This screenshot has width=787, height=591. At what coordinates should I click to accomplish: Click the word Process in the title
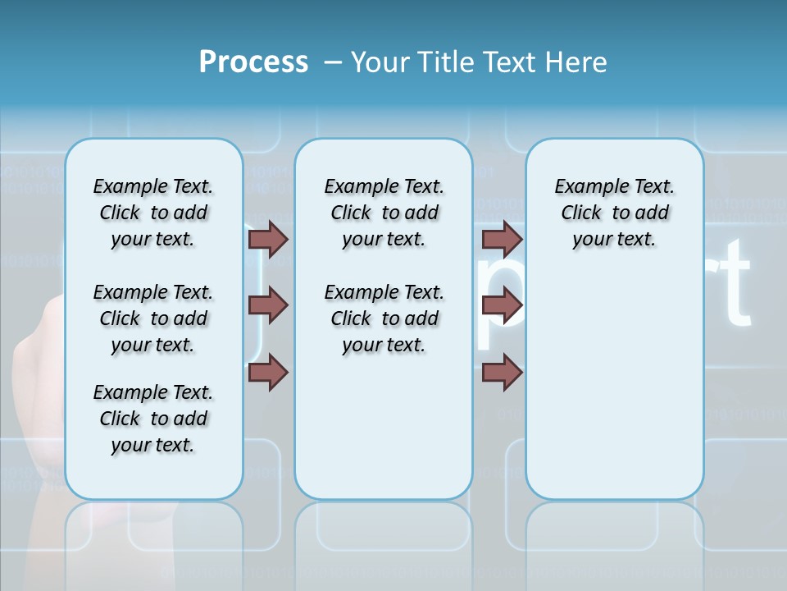[253, 62]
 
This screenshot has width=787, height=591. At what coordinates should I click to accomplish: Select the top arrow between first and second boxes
[268, 239]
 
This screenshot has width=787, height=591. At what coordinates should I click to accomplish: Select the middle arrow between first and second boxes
[268, 305]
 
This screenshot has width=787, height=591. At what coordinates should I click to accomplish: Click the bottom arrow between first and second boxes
[268, 373]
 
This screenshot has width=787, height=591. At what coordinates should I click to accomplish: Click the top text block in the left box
[153, 213]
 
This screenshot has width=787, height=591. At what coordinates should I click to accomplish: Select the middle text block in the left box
[153, 318]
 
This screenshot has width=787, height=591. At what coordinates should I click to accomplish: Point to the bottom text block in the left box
[153, 419]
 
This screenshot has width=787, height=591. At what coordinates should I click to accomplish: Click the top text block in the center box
[384, 213]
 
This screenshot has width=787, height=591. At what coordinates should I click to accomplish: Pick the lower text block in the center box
[384, 318]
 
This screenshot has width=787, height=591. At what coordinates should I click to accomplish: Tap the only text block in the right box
[614, 213]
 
